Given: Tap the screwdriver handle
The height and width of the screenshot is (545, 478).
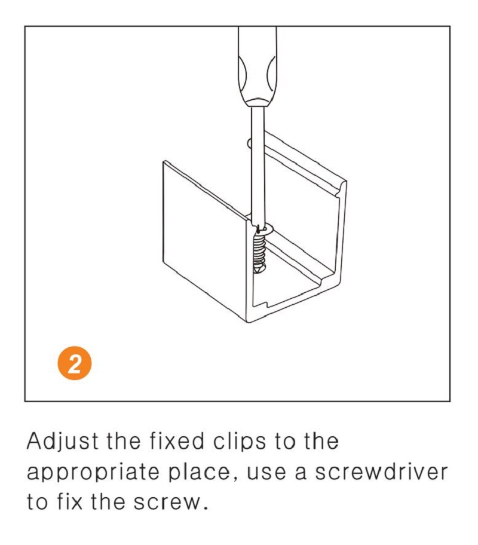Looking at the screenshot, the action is coord(257,66).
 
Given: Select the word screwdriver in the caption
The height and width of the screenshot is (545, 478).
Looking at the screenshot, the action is coord(381,472).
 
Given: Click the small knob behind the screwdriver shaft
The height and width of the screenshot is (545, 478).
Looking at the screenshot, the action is coord(249,143).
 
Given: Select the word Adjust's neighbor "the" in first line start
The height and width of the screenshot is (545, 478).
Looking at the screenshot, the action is coord(124,442).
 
